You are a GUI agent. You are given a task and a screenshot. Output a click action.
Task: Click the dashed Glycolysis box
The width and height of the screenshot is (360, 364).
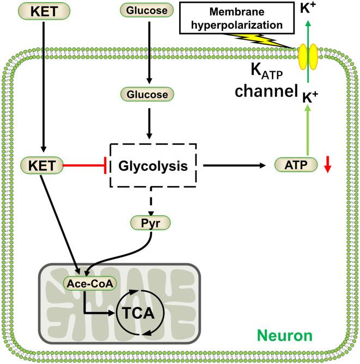coord(154,165)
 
